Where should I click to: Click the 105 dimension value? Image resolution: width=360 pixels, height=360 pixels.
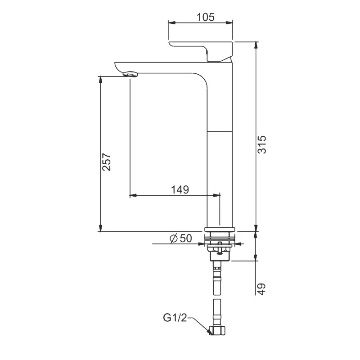[206, 17]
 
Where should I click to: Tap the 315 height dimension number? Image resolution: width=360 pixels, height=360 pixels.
[262, 144]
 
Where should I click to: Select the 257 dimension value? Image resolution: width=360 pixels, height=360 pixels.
[107, 162]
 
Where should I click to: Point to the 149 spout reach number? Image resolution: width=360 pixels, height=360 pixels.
[180, 189]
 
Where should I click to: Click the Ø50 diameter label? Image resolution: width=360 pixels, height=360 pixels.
[180, 238]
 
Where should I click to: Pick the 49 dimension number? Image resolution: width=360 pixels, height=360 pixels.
[262, 289]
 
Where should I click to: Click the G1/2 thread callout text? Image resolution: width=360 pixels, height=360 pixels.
[175, 318]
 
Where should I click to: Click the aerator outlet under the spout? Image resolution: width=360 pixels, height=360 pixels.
[130, 74]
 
